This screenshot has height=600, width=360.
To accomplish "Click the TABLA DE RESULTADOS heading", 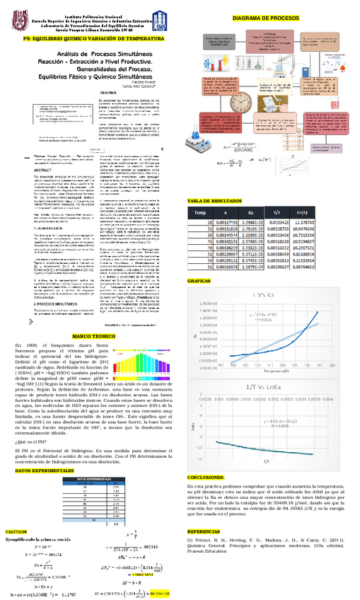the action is click(216, 202).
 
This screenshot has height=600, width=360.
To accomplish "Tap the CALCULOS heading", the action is click(17, 531).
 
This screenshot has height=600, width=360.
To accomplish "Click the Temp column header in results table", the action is click(202, 212).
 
